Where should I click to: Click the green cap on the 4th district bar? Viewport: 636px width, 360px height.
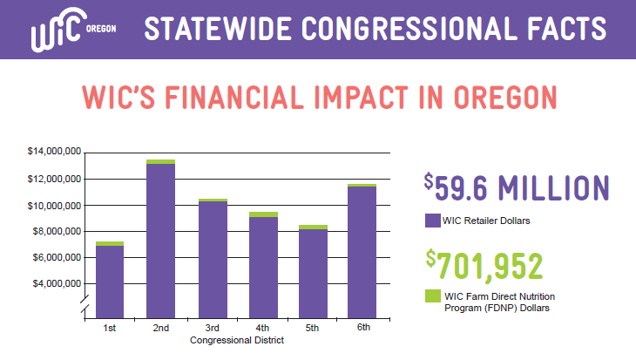coord(262,214)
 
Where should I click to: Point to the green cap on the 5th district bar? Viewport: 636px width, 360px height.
coord(313,228)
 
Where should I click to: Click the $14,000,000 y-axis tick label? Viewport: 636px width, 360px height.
coord(54,152)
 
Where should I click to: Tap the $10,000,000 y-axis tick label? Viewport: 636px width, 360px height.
coord(54,206)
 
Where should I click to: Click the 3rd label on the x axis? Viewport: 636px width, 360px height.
coord(212,328)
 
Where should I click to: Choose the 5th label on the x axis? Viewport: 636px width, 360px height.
coord(313,328)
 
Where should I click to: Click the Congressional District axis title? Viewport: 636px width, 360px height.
coord(236,341)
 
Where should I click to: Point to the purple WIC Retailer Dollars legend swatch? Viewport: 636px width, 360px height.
coord(432,220)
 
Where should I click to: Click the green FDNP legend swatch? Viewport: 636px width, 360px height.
coord(432,296)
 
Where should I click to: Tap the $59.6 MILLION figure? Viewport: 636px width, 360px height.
coord(517,187)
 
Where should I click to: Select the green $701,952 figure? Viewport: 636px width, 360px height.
coord(484,263)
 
